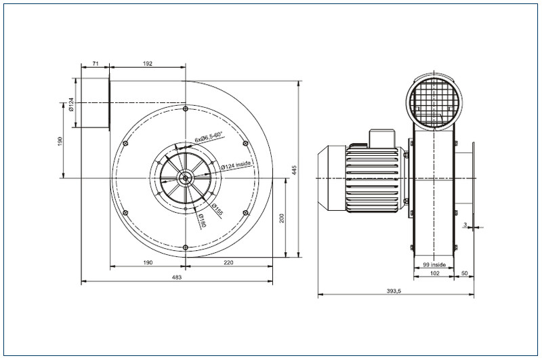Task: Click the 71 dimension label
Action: [96, 64]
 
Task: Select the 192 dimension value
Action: [148, 64]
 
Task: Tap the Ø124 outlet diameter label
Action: [71, 104]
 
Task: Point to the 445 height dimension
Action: [294, 170]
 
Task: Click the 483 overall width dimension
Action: [177, 277]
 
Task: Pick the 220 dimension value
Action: [228, 262]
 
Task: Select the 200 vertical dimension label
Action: [282, 218]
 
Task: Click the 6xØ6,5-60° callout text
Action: [209, 138]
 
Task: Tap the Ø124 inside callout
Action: [236, 165]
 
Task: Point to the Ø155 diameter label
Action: [217, 209]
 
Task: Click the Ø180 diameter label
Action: [202, 221]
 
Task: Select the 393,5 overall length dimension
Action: [394, 291]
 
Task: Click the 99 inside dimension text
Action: [434, 265]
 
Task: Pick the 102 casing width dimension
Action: [435, 273]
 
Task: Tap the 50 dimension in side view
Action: [465, 273]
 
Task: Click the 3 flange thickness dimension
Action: [465, 225]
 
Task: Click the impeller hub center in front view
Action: [185, 178]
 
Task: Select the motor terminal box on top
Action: [382, 138]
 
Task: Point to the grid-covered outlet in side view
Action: [434, 101]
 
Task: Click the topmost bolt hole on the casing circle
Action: [186, 109]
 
